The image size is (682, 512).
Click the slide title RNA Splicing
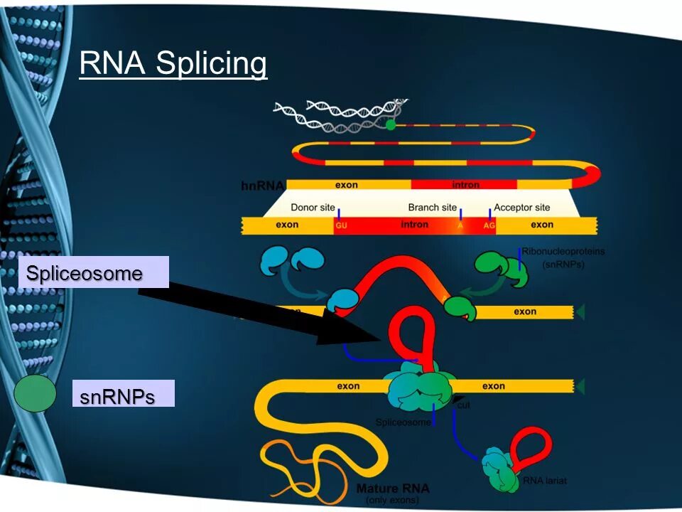173,63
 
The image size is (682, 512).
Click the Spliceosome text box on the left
93,272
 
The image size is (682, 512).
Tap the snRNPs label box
123,395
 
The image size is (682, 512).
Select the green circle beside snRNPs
36,393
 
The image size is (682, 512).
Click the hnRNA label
262,186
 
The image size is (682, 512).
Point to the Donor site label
313,208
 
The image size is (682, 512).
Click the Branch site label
432,208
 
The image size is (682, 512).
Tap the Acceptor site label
521,208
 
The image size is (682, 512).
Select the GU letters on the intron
340,225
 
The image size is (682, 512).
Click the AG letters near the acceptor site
489,225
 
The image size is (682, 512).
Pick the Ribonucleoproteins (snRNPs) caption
563,257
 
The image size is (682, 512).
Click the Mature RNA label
392,489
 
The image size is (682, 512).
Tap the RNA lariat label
545,481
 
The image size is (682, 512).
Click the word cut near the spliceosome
465,405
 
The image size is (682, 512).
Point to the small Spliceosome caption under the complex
403,422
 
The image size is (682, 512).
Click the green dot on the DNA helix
390,124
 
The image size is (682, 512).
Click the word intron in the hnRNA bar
465,185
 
